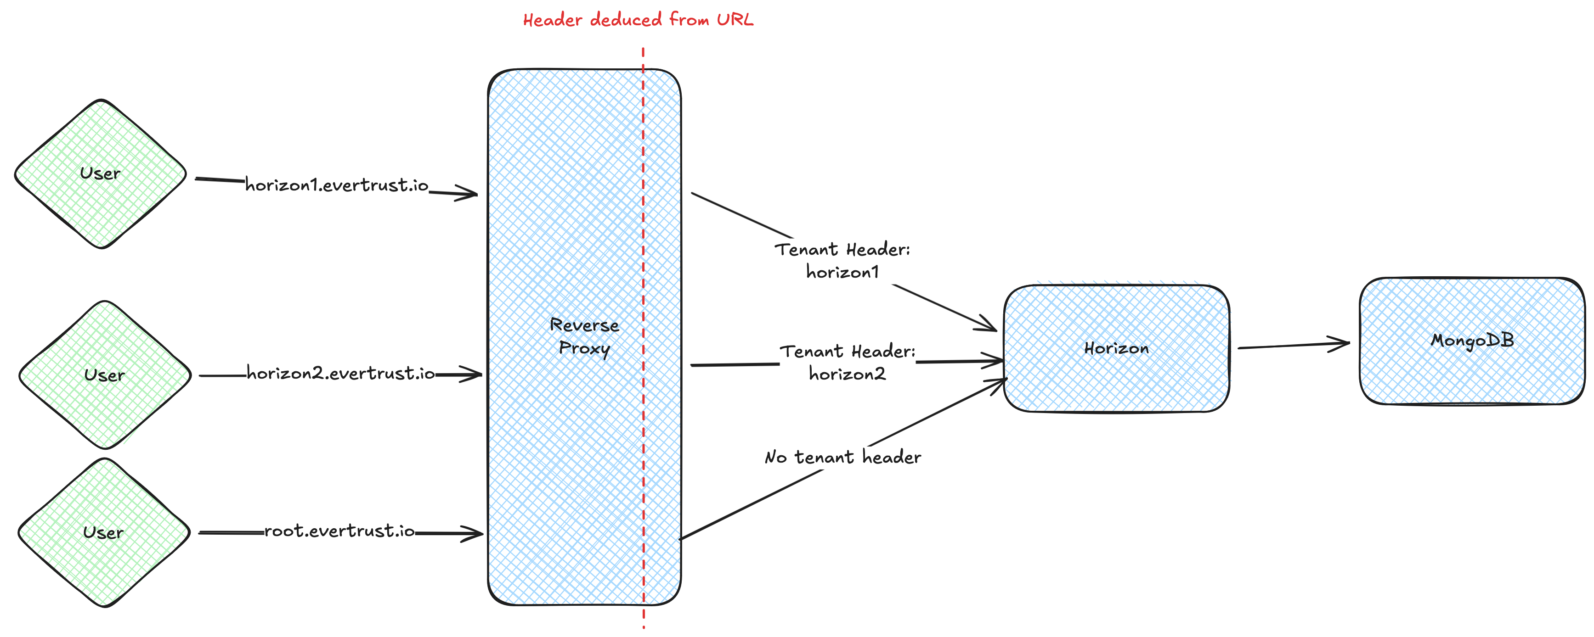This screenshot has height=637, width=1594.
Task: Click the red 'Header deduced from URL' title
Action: (638, 20)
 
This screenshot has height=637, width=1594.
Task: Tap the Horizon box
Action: (1116, 348)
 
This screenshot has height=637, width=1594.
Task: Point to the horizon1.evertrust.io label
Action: (337, 185)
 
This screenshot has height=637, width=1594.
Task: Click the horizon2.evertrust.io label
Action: (340, 374)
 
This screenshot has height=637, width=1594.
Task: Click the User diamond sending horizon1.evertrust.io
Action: (100, 174)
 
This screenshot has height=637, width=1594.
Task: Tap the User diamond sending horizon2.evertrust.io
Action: (105, 375)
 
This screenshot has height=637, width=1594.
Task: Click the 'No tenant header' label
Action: (843, 458)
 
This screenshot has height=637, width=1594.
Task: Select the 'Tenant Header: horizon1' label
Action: (842, 260)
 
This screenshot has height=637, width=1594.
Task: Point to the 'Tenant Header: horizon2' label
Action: (847, 363)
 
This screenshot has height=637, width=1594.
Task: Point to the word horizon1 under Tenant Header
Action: (842, 273)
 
